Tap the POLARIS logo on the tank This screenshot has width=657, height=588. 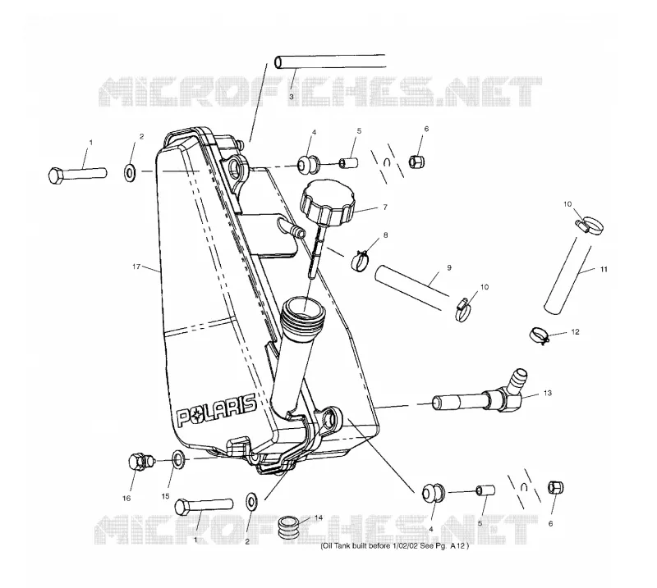point(216,410)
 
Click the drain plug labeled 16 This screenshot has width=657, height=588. point(140,461)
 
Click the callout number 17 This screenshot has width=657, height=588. point(136,267)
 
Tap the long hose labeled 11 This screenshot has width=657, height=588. point(567,275)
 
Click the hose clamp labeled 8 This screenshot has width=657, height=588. point(360,260)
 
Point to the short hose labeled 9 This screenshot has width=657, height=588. point(412,288)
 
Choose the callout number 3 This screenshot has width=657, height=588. point(292,96)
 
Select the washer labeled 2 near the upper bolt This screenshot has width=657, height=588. point(130,172)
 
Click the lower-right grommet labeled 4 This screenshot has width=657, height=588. point(430,493)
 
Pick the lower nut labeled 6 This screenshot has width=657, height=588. point(556,488)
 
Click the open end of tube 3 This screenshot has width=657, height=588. point(279,62)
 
